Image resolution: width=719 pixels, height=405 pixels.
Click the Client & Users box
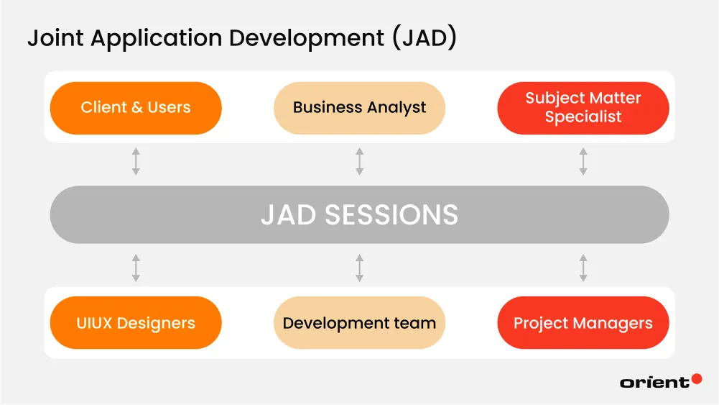136,108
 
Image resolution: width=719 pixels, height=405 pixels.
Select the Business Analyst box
359,108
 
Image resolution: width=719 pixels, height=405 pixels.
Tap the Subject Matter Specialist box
583,108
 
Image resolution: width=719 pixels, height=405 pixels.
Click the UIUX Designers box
136,323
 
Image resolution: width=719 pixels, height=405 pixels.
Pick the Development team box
359,323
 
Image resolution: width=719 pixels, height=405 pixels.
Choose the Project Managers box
583,323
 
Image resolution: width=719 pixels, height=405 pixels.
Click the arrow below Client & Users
136,162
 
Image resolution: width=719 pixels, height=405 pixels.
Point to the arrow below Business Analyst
359,162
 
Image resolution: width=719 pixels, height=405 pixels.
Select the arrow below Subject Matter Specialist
583,162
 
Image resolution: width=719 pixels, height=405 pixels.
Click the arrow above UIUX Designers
136,268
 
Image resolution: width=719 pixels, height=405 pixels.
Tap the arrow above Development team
359,268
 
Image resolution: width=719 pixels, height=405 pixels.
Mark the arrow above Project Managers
583,268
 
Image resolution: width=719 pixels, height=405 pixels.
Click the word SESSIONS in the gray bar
391,215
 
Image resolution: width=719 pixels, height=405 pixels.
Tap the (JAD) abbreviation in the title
425,39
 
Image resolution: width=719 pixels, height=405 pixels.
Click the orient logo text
654,383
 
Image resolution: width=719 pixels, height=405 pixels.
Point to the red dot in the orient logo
696,378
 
